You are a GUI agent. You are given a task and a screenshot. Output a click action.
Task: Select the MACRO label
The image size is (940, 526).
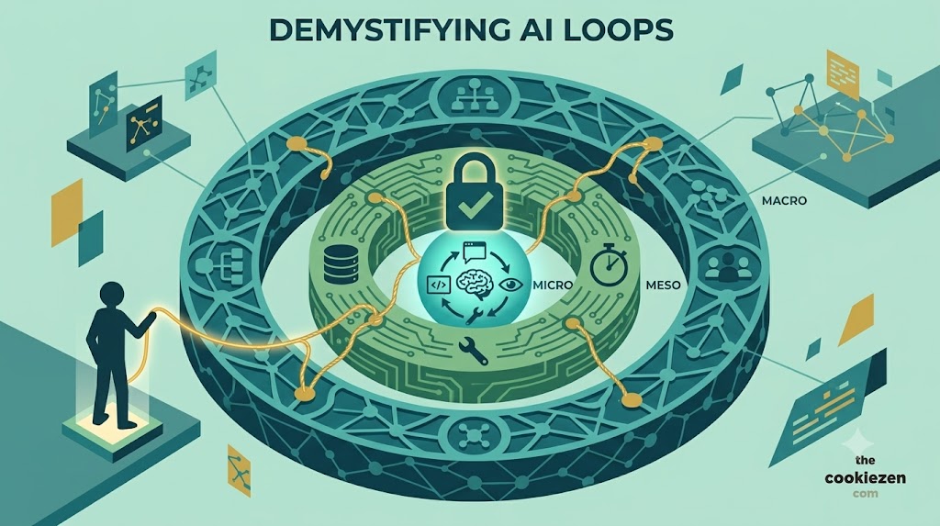coord(784,201)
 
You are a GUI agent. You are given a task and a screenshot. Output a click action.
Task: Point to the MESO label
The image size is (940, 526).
coord(663,285)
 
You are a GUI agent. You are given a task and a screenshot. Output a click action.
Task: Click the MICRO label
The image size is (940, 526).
coord(552,285)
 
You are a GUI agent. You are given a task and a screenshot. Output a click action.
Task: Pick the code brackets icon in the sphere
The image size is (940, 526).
coord(438,285)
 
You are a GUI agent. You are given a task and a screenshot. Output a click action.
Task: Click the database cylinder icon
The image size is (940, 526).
coord(340,264)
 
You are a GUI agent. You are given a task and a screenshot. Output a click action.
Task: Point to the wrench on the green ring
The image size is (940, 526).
coord(472,351)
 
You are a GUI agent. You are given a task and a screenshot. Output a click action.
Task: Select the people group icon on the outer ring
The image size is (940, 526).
coord(728,267)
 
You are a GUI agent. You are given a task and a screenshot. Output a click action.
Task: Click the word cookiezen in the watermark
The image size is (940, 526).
coord(865,477)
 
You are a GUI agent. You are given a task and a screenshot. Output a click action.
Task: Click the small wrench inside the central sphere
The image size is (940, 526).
coord(475,314)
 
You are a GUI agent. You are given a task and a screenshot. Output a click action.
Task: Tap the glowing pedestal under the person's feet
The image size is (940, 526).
coord(112,425)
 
